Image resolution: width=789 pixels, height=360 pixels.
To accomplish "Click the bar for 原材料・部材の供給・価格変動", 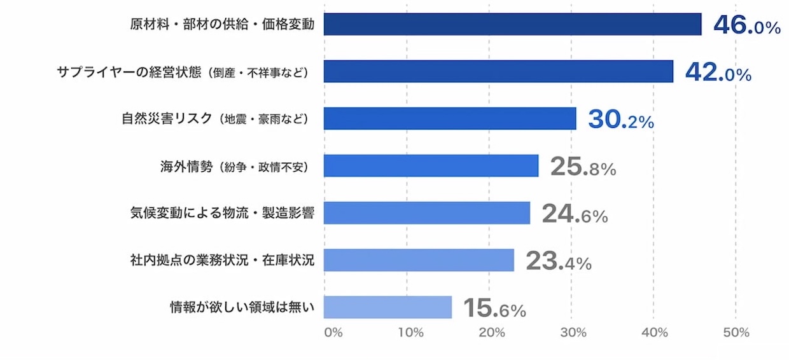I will coord(512,24).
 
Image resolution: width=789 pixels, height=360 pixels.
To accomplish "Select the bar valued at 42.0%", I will coord(498,71).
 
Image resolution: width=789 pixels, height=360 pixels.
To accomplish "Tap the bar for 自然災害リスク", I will coord(450,118).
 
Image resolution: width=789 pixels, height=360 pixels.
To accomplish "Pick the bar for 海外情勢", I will coord(431,166).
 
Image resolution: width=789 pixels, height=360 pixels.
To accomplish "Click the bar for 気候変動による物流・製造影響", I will coord(426,213).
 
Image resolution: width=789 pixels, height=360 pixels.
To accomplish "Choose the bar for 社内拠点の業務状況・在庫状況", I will coord(419,260).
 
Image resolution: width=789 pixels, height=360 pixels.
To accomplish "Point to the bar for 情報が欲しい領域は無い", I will coord(388,307).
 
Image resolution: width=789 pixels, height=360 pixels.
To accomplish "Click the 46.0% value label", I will coord(746,25).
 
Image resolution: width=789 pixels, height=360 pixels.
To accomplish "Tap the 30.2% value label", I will coord(620,120).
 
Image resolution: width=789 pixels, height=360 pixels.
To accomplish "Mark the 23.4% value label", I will coord(558,261).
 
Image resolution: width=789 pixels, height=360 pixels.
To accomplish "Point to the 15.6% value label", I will coord(494,308).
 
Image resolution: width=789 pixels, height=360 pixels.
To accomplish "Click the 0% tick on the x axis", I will coord(333,333).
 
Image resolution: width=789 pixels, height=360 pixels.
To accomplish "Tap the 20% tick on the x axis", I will coord(492,333).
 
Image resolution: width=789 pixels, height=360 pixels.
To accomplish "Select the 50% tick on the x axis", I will coord(736,333).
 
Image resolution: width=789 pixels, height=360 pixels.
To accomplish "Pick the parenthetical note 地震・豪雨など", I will coord(263,120).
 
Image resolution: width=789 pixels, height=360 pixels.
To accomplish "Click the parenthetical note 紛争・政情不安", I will coord(263,167).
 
